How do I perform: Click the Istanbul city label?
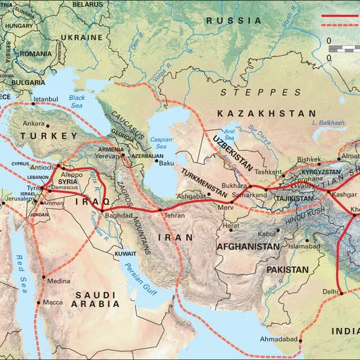point(45,99)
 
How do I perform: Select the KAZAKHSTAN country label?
point(266,113)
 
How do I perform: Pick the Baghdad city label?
point(118,213)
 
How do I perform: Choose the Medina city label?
point(58,281)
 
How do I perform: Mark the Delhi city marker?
point(341,292)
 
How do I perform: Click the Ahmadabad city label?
point(278,339)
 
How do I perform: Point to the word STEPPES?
point(260,92)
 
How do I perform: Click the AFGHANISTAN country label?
point(249,246)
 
